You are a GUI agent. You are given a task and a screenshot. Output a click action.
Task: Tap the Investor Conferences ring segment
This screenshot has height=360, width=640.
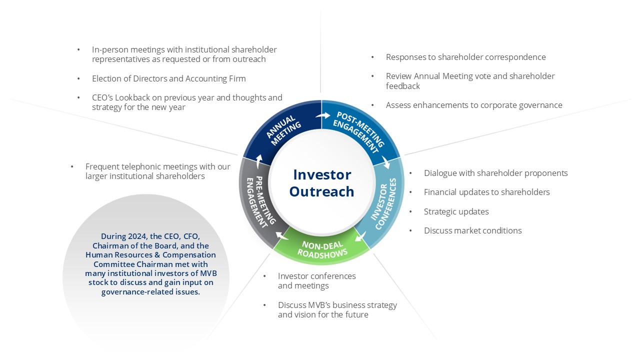pyautogui.click(x=386, y=202)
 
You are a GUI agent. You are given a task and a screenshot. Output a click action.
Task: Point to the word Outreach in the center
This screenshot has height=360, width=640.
pyautogui.click(x=322, y=191)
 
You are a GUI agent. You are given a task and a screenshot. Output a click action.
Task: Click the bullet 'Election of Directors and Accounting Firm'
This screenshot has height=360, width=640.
pyautogui.click(x=168, y=78)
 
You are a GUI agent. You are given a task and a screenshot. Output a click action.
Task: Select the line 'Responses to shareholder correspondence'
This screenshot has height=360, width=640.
pyautogui.click(x=465, y=57)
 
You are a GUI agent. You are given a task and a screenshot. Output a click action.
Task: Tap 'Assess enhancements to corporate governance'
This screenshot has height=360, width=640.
pyautogui.click(x=474, y=105)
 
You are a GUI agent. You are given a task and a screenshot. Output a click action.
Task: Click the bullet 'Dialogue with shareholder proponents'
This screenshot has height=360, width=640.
pyautogui.click(x=495, y=173)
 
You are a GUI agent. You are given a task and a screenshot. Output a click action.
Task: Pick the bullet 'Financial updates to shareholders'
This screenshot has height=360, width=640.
pyautogui.click(x=486, y=192)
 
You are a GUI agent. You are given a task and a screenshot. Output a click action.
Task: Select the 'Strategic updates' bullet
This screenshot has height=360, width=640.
pyautogui.click(x=456, y=211)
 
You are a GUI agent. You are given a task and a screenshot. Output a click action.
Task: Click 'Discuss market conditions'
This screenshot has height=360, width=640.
pyautogui.click(x=472, y=230)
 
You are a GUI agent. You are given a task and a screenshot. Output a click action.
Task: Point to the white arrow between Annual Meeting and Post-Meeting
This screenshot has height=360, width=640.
pyautogui.click(x=323, y=115)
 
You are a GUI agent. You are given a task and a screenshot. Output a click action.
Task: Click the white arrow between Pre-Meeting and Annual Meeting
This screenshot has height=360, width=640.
pyautogui.click(x=258, y=160)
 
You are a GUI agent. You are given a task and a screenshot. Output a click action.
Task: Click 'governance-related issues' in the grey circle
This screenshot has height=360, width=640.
pyautogui.click(x=150, y=292)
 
